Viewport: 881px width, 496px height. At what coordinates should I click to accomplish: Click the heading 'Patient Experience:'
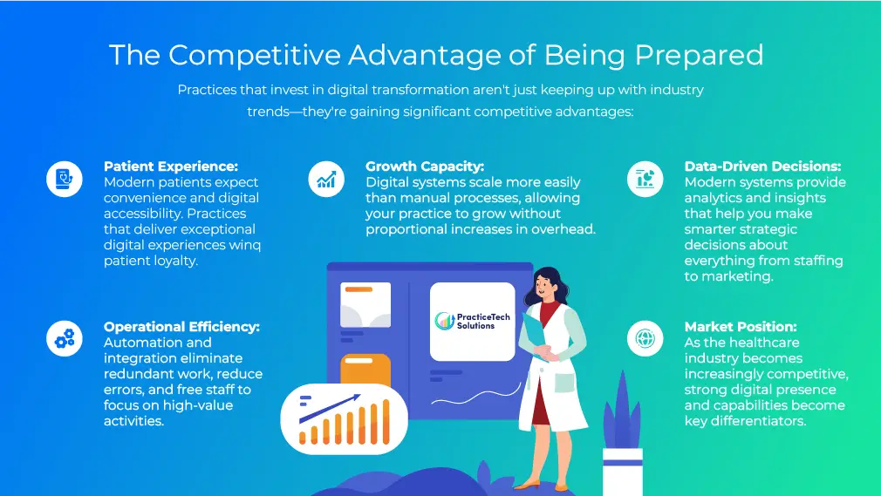[171, 166]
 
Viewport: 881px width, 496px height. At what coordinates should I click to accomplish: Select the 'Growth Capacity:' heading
[425, 166]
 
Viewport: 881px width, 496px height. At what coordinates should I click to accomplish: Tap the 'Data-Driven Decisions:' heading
[763, 166]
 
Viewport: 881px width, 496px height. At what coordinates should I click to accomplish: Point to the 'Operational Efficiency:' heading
[181, 327]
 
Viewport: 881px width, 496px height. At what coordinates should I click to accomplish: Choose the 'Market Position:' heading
[741, 327]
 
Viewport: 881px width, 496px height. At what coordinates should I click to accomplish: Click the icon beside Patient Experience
[65, 180]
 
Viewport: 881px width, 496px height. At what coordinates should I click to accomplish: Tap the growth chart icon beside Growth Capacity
[327, 180]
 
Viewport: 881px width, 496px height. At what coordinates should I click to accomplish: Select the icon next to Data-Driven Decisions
[645, 180]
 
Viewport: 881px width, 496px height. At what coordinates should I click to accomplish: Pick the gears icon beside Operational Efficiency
[65, 340]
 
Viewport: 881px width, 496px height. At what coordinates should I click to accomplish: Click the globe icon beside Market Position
[645, 340]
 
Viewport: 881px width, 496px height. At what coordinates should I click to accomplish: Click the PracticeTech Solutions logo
[472, 321]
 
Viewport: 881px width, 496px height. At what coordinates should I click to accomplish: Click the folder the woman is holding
[534, 332]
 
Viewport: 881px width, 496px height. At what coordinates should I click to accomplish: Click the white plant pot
[622, 471]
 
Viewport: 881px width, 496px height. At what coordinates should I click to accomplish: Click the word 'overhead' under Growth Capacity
[565, 229]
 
